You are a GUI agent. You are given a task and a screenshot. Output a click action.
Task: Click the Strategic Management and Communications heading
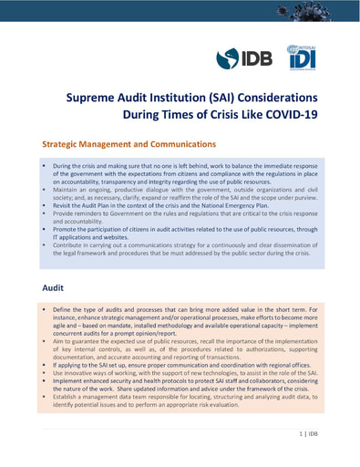click(x=129, y=144)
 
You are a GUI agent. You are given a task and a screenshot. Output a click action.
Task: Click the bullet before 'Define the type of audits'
click(x=44, y=310)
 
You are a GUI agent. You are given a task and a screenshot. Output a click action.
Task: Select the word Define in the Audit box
click(x=64, y=310)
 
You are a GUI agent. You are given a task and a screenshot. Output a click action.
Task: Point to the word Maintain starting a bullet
click(x=68, y=189)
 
